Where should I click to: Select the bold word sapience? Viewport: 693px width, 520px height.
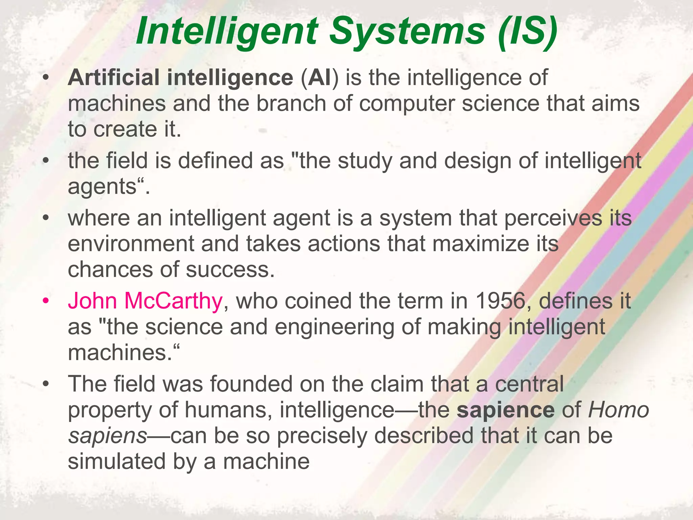[x=506, y=410]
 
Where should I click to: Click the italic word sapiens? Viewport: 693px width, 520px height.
[x=108, y=436]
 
